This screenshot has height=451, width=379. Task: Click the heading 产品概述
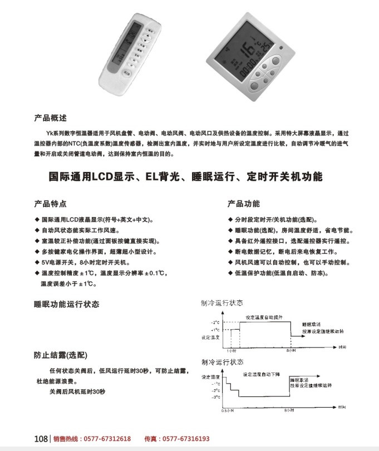coord(50,118)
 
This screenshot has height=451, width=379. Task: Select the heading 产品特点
coord(51,203)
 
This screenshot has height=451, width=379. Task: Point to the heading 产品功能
coord(244,203)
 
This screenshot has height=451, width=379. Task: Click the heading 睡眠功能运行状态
coord(66,304)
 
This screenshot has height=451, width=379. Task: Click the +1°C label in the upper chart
coord(215,330)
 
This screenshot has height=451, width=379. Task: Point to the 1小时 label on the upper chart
coord(232,351)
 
